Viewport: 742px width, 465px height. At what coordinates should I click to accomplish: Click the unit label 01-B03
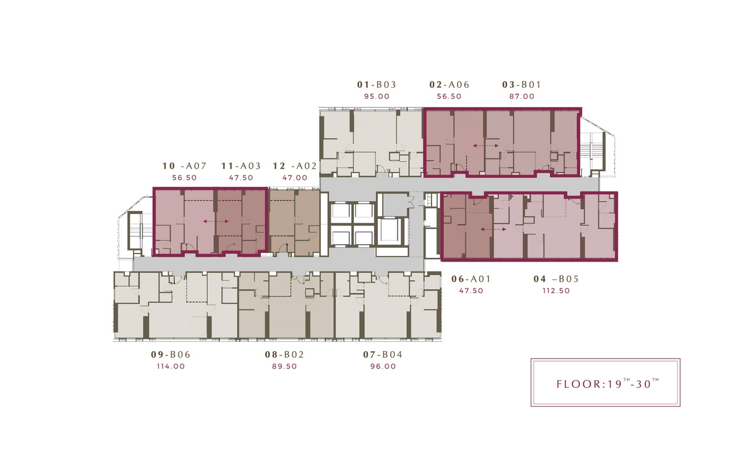point(377,85)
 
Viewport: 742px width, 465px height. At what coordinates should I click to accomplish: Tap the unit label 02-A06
point(450,85)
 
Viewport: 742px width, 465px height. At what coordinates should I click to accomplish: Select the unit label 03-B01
point(522,85)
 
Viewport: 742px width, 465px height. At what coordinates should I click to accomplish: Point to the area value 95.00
point(377,96)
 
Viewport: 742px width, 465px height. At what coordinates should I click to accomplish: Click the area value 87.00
point(522,96)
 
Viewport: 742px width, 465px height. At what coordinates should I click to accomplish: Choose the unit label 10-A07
point(184,166)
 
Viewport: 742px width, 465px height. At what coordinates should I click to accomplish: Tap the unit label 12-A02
point(295,166)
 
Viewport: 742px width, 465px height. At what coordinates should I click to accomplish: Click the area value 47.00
point(295,177)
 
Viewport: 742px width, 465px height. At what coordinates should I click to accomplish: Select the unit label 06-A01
point(471,279)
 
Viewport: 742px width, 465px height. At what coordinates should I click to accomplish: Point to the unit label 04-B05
point(556,279)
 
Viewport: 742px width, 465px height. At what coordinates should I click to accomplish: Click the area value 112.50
point(556,291)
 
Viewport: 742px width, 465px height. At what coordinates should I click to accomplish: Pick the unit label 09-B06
point(171,355)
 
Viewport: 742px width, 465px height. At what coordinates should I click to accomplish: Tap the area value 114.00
point(171,366)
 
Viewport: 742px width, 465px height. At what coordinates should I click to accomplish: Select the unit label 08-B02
point(284,355)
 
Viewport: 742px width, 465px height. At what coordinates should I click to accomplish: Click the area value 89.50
point(284,366)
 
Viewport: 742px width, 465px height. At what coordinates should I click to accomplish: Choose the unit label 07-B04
point(383,355)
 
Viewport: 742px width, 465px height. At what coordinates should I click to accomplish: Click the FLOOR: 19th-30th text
point(608,383)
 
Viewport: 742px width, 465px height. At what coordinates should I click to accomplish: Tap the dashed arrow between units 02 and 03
point(485,146)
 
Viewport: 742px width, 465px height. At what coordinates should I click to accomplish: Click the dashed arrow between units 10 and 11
point(216,221)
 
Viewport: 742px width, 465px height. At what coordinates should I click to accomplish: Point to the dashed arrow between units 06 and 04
point(493,229)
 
